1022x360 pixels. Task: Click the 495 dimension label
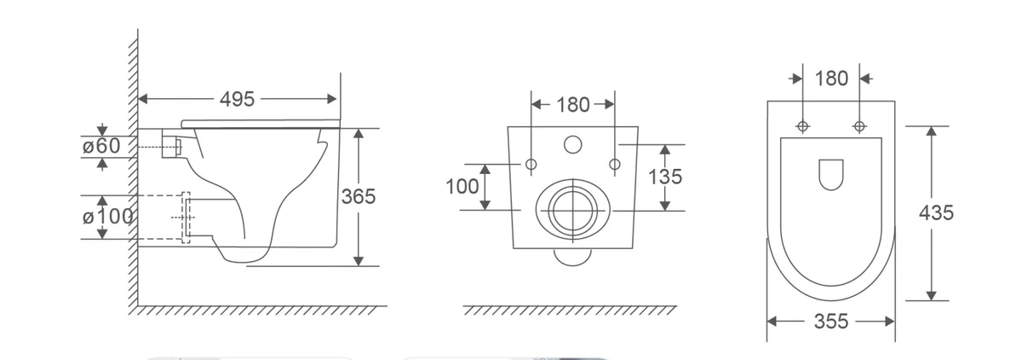(x=237, y=99)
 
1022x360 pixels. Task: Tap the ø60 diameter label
(x=101, y=146)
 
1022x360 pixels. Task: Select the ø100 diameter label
(x=107, y=216)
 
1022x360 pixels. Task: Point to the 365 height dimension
(x=359, y=196)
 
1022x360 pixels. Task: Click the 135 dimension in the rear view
(x=665, y=177)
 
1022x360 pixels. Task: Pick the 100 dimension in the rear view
(x=462, y=186)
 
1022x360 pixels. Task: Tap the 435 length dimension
(x=936, y=213)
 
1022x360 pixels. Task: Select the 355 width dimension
(x=831, y=322)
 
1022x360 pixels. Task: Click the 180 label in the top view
(x=831, y=78)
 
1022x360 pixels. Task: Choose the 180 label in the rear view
(x=573, y=105)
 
